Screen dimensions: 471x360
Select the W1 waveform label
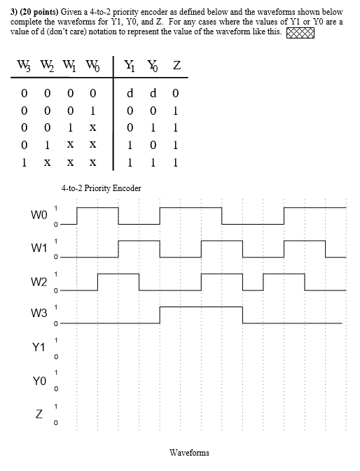pos(39,248)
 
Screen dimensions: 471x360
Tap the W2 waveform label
pos(39,281)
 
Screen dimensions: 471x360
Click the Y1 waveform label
pos(39,348)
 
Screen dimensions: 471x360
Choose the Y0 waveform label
pos(39,381)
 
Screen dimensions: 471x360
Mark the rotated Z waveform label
pos(39,416)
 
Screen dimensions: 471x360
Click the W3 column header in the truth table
pos(25,67)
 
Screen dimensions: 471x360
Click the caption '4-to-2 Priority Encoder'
pos(101,188)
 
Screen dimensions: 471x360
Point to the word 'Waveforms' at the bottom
pos(189,453)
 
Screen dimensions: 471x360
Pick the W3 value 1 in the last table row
pos(25,162)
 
